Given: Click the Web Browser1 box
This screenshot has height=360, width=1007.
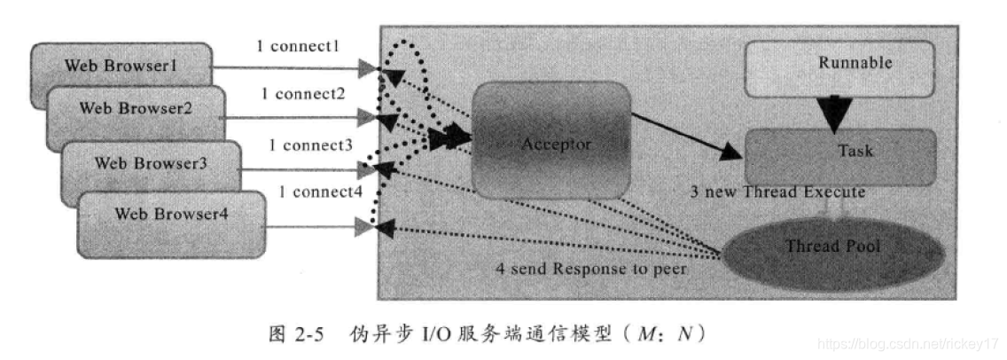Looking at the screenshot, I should (x=121, y=67).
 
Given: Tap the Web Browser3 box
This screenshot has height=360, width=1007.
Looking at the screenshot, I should (x=152, y=162).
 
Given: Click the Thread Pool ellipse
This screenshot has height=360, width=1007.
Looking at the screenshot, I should (x=833, y=246).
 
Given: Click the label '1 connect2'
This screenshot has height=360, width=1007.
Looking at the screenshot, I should (x=304, y=93).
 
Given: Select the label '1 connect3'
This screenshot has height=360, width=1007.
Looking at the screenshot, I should (x=310, y=143).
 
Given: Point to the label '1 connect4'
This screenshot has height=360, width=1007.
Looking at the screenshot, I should (x=320, y=192).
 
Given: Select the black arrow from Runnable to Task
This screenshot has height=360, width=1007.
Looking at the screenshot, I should (x=835, y=111).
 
